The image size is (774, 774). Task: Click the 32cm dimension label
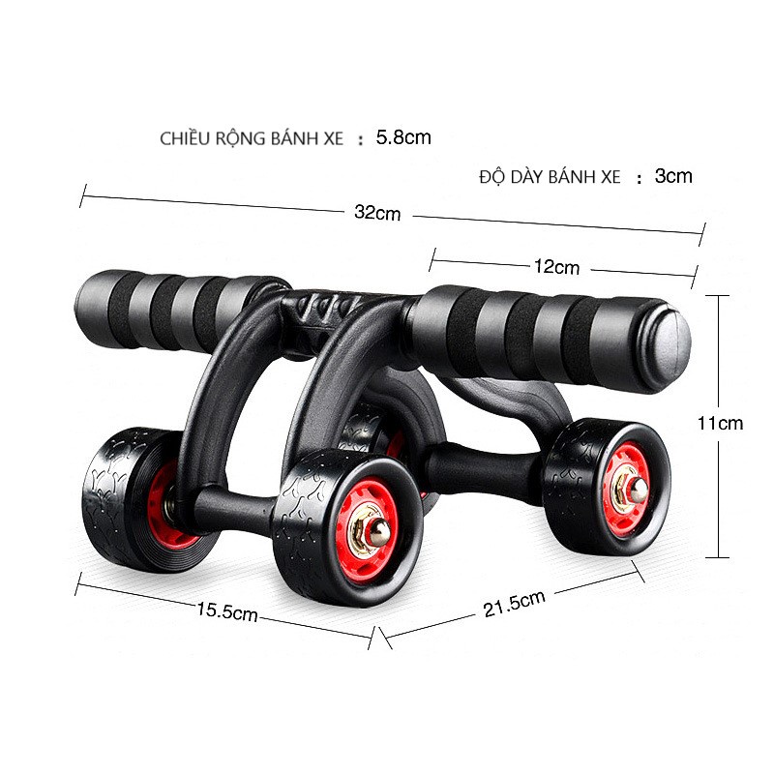[x=376, y=214]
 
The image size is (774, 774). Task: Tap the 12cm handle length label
[x=558, y=266]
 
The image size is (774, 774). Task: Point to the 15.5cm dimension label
[x=227, y=611]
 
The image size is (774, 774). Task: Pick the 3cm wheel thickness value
[x=673, y=176]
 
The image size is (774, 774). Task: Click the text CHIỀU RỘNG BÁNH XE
[x=252, y=138]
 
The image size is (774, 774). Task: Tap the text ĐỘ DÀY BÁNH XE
[x=550, y=177]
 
